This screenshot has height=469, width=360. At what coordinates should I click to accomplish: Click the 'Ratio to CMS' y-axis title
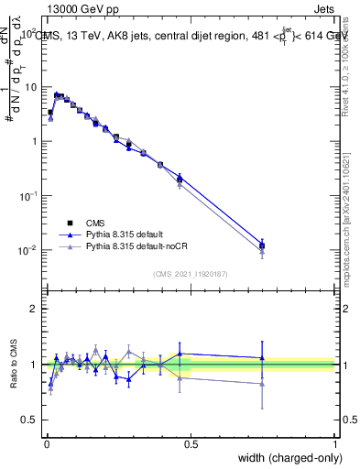coord(12,364)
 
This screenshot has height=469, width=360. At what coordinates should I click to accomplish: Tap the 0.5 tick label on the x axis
coord(191,443)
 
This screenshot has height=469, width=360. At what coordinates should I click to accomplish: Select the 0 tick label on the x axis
coord(46,443)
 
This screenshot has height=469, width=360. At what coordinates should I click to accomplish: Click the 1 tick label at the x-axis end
coord(336,443)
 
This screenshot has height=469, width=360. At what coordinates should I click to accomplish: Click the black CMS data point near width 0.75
coord(263,245)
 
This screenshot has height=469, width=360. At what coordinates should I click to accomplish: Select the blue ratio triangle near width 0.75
coord(263,358)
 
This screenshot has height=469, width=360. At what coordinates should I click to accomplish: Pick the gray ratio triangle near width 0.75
coord(263,384)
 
